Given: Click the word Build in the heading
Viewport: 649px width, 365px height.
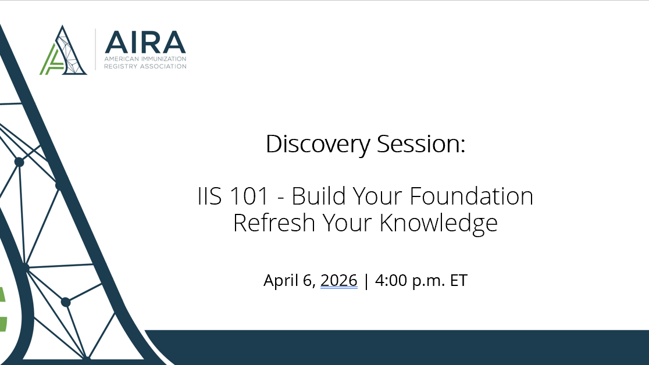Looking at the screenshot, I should [x=318, y=196].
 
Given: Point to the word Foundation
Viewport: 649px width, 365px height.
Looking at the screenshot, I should [x=472, y=196].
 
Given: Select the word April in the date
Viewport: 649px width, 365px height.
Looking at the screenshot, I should [x=281, y=281].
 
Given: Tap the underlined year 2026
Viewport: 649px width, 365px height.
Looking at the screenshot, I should [x=338, y=281].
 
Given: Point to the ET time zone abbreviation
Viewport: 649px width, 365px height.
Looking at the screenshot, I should [x=458, y=281].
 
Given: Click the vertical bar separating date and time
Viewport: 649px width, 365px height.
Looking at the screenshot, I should [x=366, y=281].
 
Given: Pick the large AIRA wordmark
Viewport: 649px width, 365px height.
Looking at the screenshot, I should [x=145, y=41].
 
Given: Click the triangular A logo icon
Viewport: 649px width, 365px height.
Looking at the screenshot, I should [x=64, y=51].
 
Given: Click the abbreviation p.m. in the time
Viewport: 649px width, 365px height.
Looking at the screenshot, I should [x=429, y=281].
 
